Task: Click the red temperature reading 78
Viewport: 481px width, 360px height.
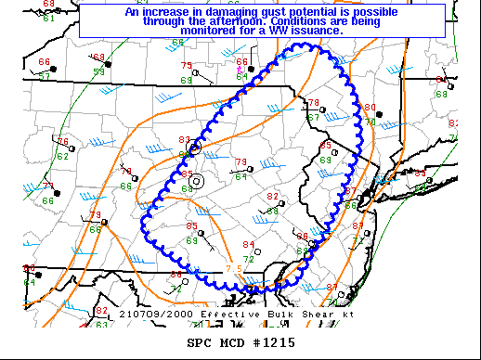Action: (314, 103)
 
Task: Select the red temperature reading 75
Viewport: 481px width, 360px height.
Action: (187, 66)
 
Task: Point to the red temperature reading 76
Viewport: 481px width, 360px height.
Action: (63, 142)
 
